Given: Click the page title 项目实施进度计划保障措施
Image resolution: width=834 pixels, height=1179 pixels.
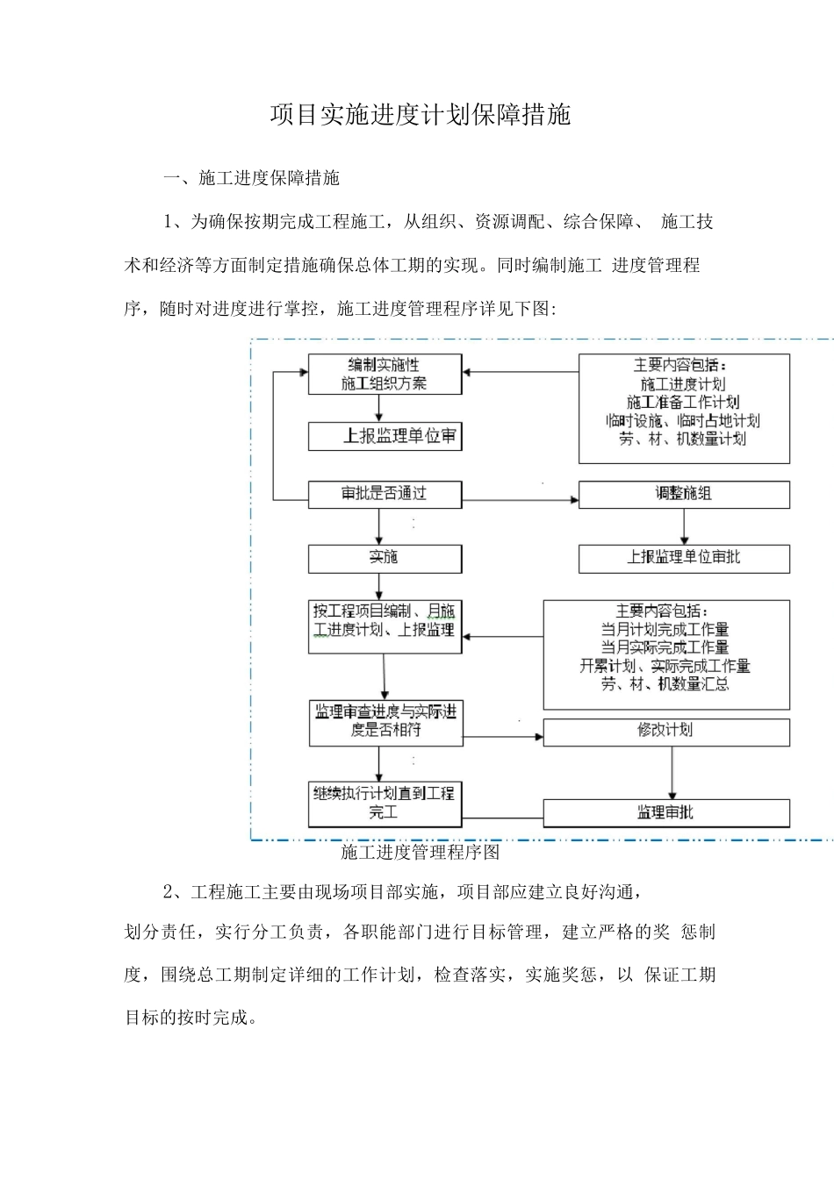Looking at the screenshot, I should click(x=420, y=115).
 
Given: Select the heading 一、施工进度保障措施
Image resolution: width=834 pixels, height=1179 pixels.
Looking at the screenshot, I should click(x=251, y=178).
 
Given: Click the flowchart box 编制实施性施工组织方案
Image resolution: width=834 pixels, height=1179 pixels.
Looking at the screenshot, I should click(x=385, y=374).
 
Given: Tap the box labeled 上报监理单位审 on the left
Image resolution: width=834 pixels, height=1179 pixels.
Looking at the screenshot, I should click(x=385, y=436).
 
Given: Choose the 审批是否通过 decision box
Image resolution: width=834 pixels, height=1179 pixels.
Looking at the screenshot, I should click(x=385, y=494).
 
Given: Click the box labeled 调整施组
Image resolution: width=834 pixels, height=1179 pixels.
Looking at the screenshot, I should click(x=683, y=494).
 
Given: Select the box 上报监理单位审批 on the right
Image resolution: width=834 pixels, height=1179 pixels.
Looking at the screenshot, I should click(x=683, y=558).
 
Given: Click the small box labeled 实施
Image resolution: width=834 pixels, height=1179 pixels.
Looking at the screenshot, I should click(x=385, y=558).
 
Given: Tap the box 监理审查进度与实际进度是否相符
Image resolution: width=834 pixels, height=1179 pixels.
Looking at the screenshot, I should click(x=385, y=722).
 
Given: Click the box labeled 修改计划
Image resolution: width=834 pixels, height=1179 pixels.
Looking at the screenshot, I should click(x=665, y=732).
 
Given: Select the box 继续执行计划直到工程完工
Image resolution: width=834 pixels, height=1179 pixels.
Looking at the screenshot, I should click(x=385, y=804).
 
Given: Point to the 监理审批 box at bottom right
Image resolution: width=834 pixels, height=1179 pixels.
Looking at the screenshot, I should click(x=665, y=813).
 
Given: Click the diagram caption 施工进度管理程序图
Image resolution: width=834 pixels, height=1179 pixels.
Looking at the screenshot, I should click(x=420, y=852).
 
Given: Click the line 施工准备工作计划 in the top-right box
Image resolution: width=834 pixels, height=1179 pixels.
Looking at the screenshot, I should click(x=683, y=403).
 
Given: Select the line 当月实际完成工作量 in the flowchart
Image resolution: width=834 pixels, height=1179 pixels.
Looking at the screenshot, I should click(x=665, y=647).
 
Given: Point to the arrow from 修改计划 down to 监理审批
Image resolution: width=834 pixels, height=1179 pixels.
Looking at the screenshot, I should click(x=672, y=772).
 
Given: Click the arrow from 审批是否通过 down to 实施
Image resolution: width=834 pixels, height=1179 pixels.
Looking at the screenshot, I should click(x=379, y=526).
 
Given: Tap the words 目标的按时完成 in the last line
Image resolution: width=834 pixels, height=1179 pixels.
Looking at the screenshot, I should click(x=186, y=1018).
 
